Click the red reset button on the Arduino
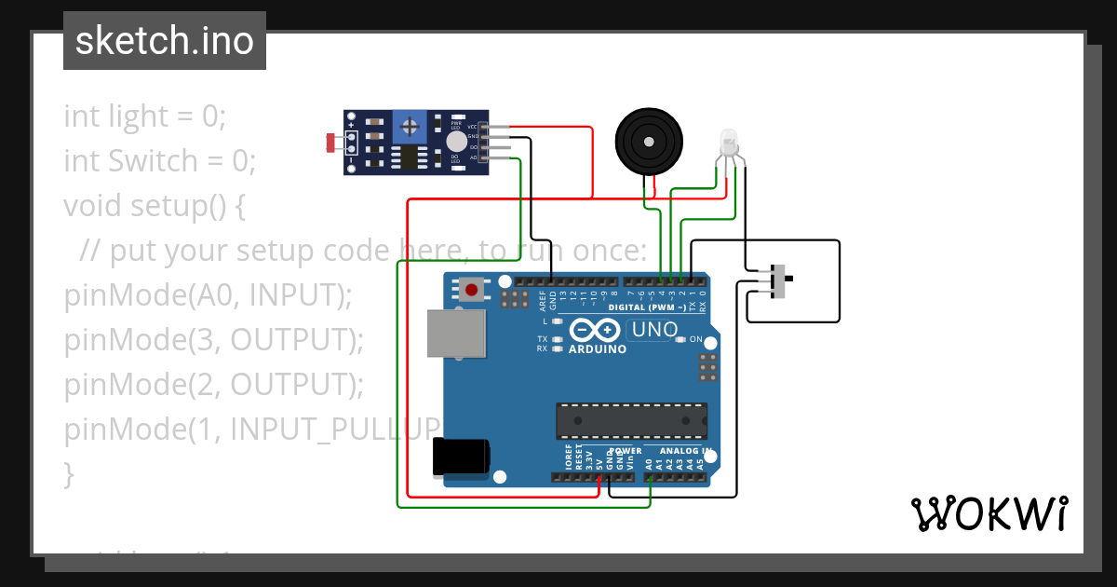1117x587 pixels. (x=472, y=291)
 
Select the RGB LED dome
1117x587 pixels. (x=729, y=142)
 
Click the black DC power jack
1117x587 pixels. (x=460, y=457)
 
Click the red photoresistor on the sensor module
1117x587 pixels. (x=332, y=143)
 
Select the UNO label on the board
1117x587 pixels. (x=654, y=329)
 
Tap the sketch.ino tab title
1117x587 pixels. (x=165, y=41)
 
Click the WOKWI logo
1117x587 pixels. (x=989, y=513)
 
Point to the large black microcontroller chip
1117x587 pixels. (x=631, y=420)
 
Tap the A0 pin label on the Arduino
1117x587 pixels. (x=649, y=461)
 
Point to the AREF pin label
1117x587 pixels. (x=542, y=300)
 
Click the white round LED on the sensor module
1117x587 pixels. (x=456, y=141)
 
